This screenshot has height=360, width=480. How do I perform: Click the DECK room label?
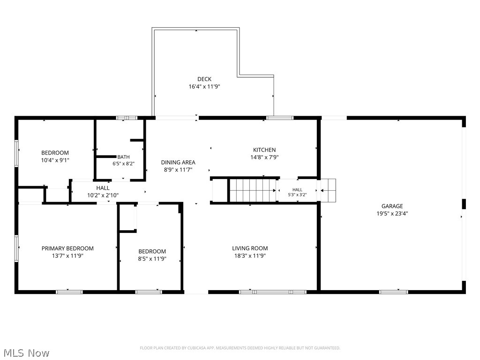[204, 79]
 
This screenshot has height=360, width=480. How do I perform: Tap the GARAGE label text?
[392, 206]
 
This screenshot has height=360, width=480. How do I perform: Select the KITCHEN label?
[264, 150]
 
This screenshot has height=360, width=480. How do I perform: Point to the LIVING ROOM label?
[250, 248]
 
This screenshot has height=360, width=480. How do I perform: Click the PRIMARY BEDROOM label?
[67, 248]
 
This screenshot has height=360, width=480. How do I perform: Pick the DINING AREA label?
[178, 162]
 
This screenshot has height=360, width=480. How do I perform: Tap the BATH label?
[123, 157]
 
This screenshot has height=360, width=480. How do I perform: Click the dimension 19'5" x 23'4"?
[392, 213]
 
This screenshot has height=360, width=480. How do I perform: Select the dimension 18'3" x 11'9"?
[250, 255]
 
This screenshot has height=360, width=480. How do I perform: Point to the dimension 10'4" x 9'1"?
[55, 160]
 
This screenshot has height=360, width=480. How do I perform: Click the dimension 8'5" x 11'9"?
[152, 259]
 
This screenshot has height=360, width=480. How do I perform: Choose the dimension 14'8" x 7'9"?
[264, 157]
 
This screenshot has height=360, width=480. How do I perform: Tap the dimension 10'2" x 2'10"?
[103, 195]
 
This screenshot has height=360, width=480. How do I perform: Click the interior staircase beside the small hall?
[252, 190]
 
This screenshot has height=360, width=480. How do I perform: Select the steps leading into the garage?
[328, 190]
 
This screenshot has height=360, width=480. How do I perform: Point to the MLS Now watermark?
[26, 353]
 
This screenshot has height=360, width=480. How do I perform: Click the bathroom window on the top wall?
[127, 118]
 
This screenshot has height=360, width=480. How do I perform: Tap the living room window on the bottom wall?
[273, 292]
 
